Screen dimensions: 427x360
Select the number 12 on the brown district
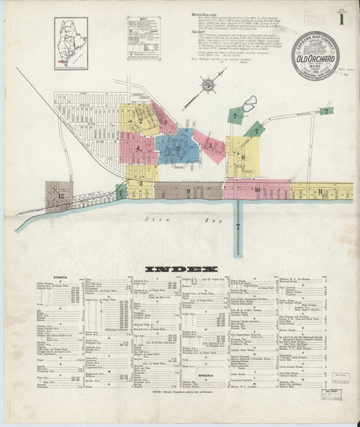point(62,195)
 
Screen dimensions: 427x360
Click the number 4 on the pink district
point(138,149)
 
